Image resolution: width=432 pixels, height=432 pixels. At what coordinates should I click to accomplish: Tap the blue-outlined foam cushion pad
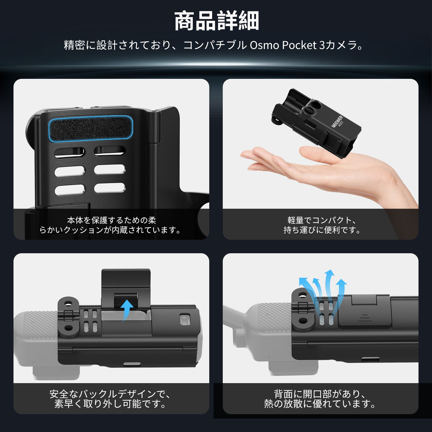[91, 129]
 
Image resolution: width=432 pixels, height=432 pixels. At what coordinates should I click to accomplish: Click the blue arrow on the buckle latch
[127, 310]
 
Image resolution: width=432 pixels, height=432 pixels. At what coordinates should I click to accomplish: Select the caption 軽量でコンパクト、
[322, 220]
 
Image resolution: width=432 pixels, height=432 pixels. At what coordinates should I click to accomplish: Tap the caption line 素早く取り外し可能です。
[111, 404]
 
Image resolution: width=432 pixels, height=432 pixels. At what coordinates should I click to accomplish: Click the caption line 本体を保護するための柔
[112, 220]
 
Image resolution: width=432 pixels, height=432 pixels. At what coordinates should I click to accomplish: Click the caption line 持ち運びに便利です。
[322, 230]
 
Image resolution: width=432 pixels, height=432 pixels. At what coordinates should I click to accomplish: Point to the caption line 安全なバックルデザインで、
[111, 394]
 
